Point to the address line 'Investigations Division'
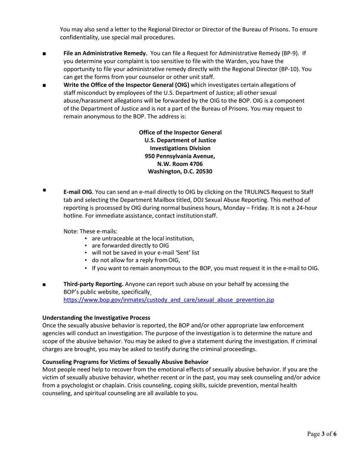pyautogui.click(x=180, y=148)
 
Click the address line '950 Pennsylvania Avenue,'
pyautogui.click(x=180, y=156)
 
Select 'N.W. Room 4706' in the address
pyautogui.click(x=180, y=164)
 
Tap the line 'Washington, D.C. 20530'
pyautogui.click(x=180, y=171)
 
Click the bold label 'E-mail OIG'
pyautogui.click(x=77, y=192)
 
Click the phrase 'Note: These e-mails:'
pyautogui.click(x=90, y=231)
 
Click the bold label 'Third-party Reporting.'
pyautogui.click(x=93, y=284)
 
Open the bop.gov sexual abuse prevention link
pyautogui.click(x=169, y=300)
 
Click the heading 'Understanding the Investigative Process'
pyautogui.click(x=96, y=317)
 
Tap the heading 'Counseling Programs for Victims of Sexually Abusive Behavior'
pyautogui.click(x=125, y=362)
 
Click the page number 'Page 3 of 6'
pyautogui.click(x=322, y=434)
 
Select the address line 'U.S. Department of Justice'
pyautogui.click(x=180, y=140)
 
